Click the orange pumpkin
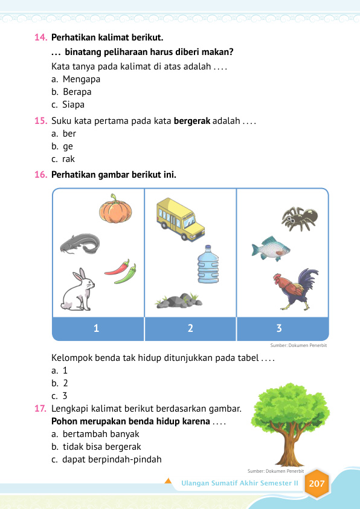pyautogui.click(x=115, y=209)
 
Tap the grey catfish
pyautogui.click(x=80, y=244)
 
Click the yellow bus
pyautogui.click(x=180, y=218)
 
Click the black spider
pyautogui.click(x=300, y=218)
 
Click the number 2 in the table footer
pyautogui.click(x=190, y=329)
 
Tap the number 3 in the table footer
pyautogui.click(x=279, y=329)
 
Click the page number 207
pyautogui.click(x=317, y=484)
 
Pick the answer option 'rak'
pyautogui.click(x=68, y=159)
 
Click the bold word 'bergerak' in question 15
pyautogui.click(x=191, y=121)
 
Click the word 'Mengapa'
pyautogui.click(x=81, y=79)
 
